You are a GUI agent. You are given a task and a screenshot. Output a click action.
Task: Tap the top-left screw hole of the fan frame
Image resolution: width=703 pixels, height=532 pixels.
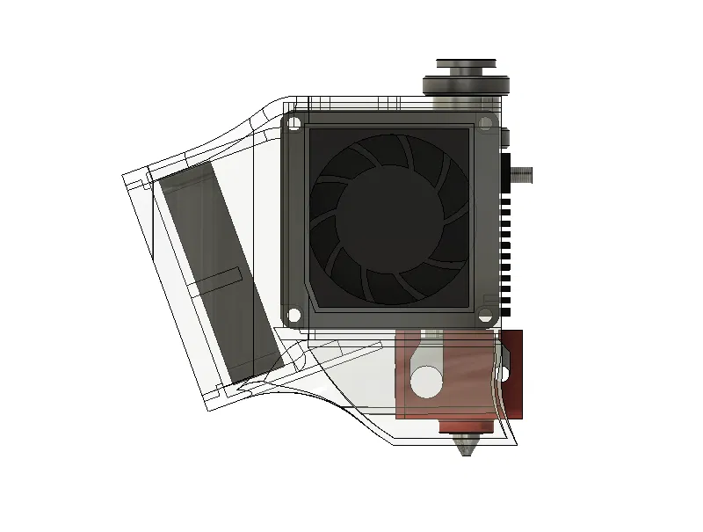[295, 123]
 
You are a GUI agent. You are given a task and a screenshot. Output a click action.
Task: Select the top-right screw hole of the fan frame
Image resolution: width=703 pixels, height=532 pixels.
[485, 122]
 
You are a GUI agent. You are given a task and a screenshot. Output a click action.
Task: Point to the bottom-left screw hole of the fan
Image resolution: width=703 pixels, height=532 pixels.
[294, 314]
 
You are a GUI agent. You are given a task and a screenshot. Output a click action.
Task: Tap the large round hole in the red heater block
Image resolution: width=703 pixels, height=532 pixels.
[427, 381]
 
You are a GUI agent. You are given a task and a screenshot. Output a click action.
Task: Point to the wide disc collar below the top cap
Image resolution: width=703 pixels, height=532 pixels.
[467, 85]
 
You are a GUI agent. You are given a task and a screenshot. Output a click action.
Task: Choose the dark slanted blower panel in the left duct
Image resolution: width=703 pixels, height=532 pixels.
[220, 273]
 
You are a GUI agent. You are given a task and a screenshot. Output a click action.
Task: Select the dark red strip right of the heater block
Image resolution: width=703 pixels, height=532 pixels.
[513, 374]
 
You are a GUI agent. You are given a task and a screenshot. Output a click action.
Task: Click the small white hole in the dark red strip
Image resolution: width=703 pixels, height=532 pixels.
[506, 375]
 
